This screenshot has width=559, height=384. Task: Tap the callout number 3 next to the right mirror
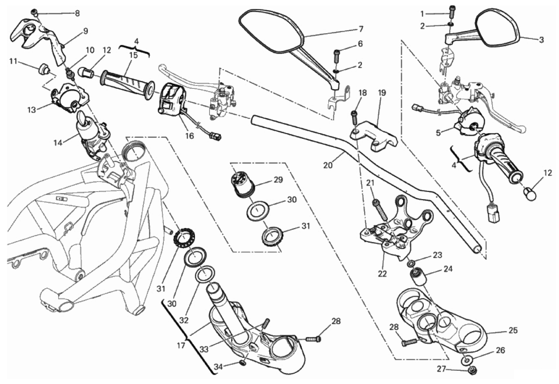(x=541, y=40)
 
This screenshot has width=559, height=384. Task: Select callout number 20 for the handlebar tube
(x=328, y=165)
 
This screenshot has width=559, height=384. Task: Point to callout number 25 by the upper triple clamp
(x=513, y=330)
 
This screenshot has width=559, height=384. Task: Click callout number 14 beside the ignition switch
(x=58, y=143)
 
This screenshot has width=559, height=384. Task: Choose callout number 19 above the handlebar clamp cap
(x=382, y=93)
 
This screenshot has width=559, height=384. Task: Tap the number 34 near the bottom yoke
(x=219, y=367)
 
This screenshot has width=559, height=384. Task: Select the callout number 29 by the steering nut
(x=278, y=180)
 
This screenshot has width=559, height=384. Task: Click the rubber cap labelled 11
(x=44, y=70)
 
